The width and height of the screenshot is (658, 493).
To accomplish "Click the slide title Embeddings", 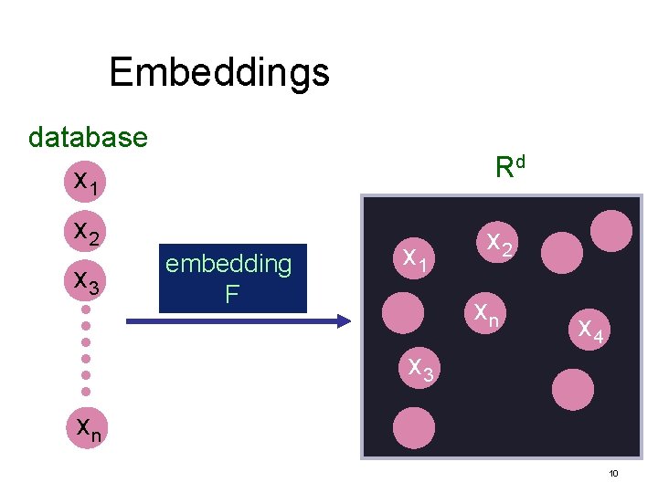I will (x=219, y=72).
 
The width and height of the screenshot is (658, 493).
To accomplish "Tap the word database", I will (x=88, y=138).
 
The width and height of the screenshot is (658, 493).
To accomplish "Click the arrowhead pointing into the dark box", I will (x=343, y=320).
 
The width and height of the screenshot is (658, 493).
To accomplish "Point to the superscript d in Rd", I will (x=520, y=161).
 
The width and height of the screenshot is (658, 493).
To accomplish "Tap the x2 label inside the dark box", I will (x=498, y=243).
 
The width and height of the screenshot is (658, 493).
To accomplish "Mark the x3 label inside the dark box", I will (x=420, y=368).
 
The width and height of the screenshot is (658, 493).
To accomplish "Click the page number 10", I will (x=613, y=474).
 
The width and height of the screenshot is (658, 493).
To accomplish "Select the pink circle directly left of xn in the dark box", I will (x=403, y=313).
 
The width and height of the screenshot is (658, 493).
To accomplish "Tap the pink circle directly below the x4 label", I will (x=573, y=389).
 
